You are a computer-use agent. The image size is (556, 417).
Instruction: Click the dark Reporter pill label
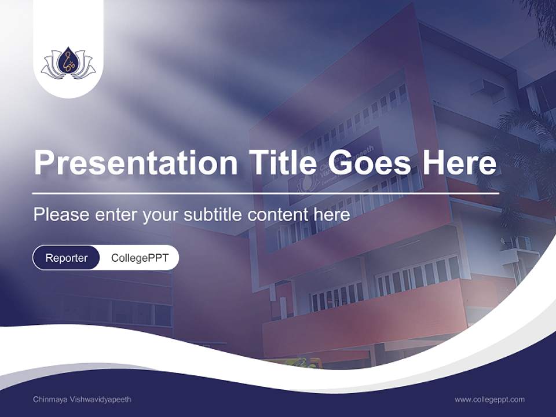(67, 258)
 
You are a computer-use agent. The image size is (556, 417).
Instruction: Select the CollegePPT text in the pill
(140, 258)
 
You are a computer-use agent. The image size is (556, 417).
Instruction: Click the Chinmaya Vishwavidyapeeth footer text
(82, 400)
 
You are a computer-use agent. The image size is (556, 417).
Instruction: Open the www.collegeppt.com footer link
(489, 400)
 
